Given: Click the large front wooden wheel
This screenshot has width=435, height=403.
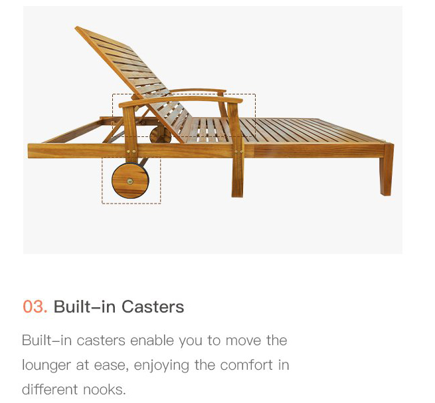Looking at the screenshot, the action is [130, 181].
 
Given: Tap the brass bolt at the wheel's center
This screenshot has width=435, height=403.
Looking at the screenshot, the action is [130, 182].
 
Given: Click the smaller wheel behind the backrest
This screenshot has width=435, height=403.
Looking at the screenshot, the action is [160, 135].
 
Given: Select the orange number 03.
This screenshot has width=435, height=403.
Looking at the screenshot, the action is [35, 307].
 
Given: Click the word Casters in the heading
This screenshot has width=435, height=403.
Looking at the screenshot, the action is [153, 307].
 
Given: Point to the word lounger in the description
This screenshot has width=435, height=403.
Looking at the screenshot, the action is [46, 365].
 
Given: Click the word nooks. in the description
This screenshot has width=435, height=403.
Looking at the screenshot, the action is [104, 390].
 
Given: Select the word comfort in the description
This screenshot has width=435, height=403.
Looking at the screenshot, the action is [246, 364].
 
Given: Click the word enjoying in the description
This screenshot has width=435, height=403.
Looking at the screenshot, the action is [161, 365].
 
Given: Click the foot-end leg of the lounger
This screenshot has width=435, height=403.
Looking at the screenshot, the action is [386, 170].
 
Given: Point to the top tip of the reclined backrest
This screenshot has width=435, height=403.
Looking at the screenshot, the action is [76, 27].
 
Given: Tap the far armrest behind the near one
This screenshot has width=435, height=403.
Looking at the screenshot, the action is [198, 90].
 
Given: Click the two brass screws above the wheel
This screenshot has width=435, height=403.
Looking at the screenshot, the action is [131, 152].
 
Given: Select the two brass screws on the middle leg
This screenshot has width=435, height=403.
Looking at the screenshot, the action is [238, 152].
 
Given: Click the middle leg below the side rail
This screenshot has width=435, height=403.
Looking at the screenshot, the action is [238, 177].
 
